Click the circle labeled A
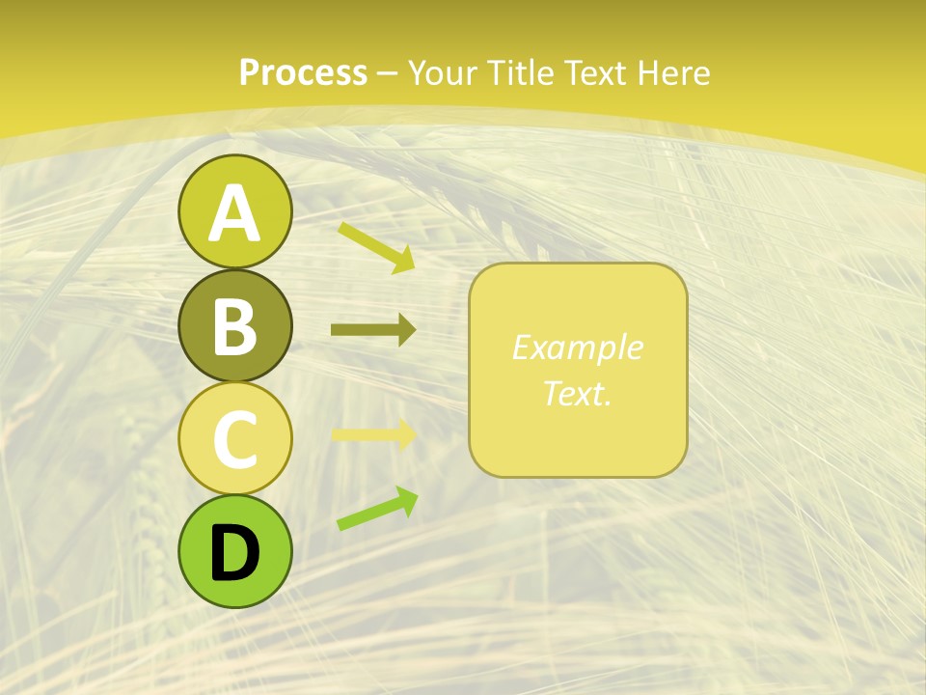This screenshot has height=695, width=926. (234, 211)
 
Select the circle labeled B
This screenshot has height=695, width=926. (234, 325)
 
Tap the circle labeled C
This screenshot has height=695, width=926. (234, 438)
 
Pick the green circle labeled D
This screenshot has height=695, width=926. (234, 551)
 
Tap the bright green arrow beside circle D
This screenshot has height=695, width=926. (377, 509)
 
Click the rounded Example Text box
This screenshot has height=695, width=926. (578, 370)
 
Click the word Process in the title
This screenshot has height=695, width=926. (303, 72)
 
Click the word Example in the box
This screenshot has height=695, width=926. (577, 347)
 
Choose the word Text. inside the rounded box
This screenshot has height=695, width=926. (577, 393)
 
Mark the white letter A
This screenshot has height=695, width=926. (234, 212)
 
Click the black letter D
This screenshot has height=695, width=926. (234, 552)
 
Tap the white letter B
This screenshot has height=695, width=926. (234, 326)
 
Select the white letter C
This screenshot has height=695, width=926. (234, 439)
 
